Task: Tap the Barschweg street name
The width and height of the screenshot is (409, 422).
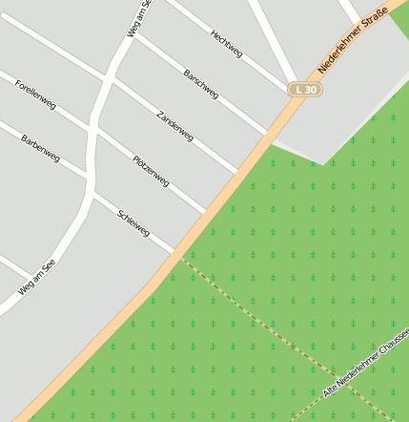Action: click(x=201, y=84)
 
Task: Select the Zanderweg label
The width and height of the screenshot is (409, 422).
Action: click(x=174, y=126)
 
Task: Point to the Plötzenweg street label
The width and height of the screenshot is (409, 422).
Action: click(x=151, y=169)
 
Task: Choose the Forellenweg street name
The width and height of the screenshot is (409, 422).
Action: click(x=35, y=95)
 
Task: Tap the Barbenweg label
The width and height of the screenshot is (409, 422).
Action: click(x=40, y=148)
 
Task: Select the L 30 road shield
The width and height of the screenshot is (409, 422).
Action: click(x=305, y=89)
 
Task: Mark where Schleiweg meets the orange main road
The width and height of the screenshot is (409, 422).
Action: click(x=177, y=253)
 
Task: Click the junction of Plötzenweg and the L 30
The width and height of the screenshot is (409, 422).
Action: click(x=205, y=213)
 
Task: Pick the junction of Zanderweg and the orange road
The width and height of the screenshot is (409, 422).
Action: click(x=236, y=173)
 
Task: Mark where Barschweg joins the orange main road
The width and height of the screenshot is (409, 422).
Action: click(x=267, y=133)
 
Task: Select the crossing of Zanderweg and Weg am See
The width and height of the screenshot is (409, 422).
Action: click(x=111, y=78)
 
